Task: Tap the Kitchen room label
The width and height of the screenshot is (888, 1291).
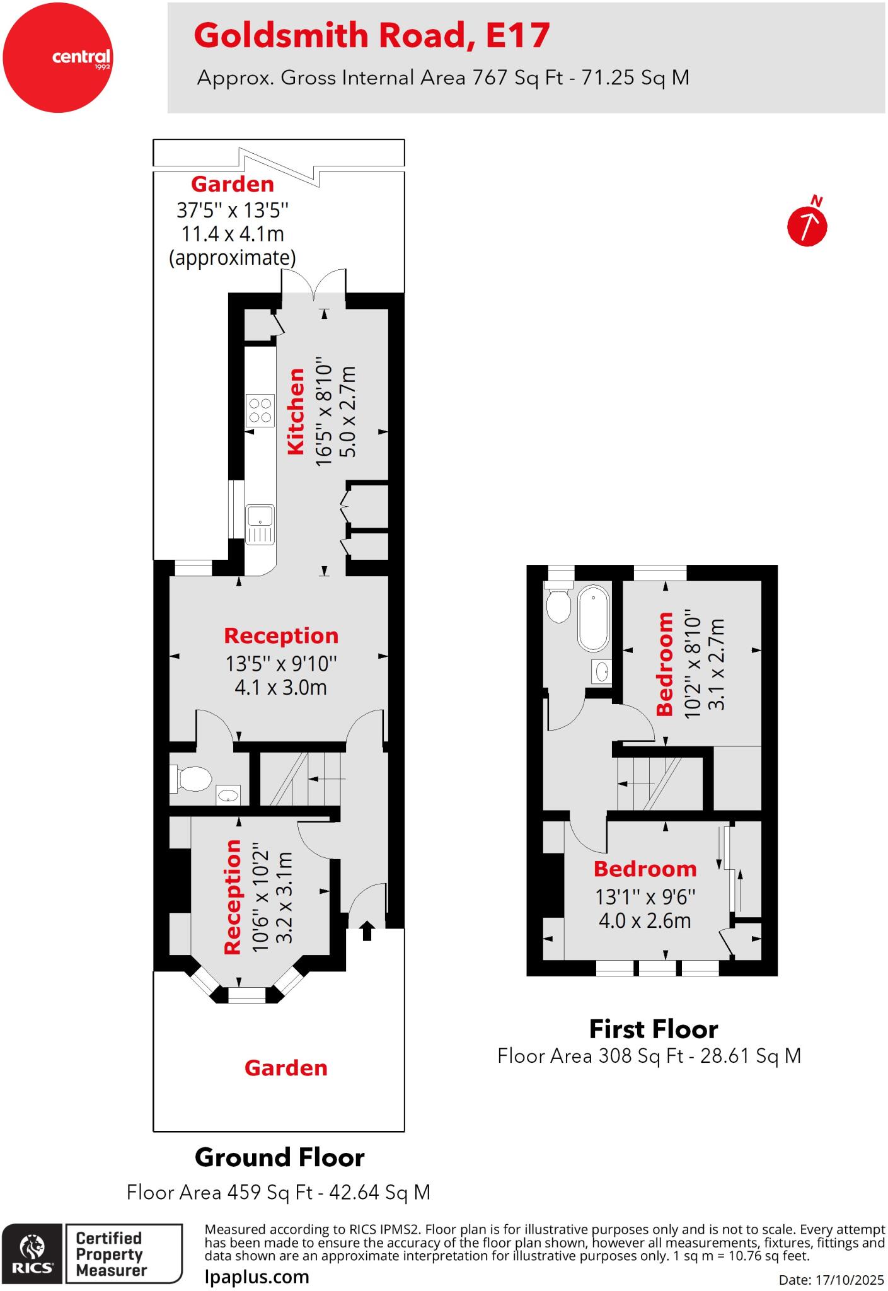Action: (296, 411)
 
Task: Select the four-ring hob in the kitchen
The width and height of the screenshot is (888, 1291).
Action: (260, 410)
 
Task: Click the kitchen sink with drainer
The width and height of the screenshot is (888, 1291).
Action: (260, 524)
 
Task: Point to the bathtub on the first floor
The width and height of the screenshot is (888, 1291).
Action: (594, 618)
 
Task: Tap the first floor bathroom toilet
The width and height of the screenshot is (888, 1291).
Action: (558, 605)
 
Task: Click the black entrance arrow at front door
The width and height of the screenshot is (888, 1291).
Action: (367, 931)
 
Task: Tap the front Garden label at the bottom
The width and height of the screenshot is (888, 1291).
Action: (285, 1068)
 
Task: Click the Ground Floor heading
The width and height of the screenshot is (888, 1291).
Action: (279, 1157)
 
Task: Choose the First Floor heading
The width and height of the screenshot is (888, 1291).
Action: (653, 1029)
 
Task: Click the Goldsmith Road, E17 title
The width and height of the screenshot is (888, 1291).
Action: (372, 35)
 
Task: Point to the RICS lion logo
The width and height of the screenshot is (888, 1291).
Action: (33, 1253)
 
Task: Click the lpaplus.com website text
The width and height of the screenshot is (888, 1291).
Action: (257, 1277)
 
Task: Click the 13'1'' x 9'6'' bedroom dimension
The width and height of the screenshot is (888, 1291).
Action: (645, 896)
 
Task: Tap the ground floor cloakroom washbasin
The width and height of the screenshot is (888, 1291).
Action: (228, 796)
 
